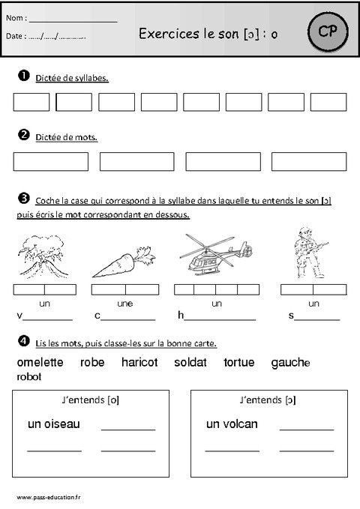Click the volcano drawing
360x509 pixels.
pos(41,255)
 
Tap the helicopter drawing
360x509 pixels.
pos(215,256)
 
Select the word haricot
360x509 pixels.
pos(139,363)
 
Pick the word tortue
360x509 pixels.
pos(239,363)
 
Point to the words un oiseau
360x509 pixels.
pos(53,424)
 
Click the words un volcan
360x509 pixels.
pos(232,424)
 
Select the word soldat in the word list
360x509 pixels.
pos(190,363)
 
